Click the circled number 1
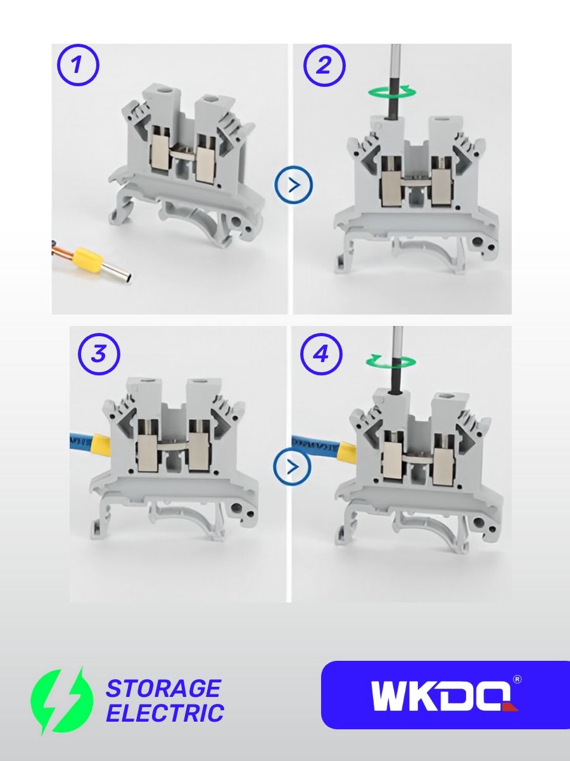78,65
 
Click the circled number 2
324,65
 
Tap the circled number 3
99,354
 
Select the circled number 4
322,354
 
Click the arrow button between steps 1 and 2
294,185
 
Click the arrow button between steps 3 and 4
293,467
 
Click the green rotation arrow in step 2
392,92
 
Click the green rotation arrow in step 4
391,361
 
